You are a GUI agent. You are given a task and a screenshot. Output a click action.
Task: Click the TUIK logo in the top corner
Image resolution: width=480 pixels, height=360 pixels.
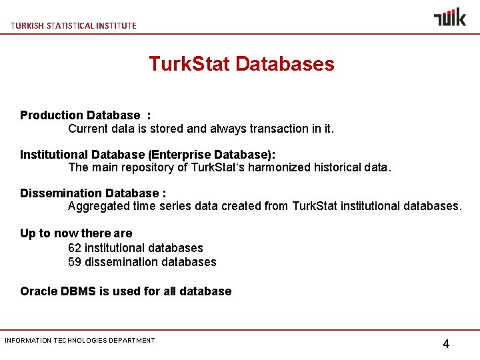point(450,17)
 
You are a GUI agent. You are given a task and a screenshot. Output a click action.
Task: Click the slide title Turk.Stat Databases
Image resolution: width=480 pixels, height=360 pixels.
point(241,64)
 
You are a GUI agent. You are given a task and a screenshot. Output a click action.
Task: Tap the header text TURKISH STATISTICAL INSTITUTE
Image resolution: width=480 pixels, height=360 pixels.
point(73,25)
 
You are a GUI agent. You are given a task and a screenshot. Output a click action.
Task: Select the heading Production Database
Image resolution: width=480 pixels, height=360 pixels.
point(80,115)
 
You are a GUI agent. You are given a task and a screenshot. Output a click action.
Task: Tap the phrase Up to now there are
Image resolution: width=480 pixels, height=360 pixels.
point(76,233)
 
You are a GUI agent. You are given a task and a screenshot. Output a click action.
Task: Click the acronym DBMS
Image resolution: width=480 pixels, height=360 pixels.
point(78,291)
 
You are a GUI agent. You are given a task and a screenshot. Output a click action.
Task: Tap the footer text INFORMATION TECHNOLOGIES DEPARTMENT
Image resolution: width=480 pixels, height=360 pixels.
point(80,341)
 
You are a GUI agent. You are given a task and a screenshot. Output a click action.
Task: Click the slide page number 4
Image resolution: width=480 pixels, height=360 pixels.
point(446,344)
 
